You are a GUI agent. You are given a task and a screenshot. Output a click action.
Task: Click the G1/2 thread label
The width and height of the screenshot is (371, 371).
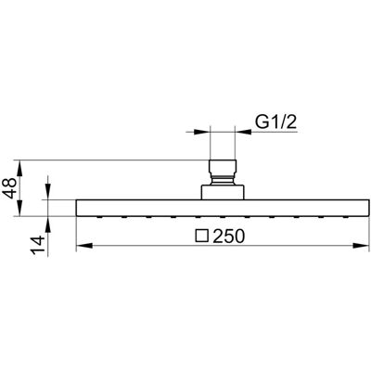275,122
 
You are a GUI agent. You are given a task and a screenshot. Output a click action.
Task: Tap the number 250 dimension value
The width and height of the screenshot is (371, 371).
229,237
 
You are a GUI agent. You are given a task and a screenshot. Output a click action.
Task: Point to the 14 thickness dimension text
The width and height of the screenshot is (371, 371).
39,245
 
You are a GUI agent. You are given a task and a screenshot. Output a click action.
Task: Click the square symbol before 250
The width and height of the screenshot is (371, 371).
202,236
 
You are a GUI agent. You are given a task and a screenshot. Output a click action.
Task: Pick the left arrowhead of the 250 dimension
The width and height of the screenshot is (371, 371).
84,246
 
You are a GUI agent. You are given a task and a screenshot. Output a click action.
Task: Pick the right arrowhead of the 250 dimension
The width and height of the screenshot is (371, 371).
362,246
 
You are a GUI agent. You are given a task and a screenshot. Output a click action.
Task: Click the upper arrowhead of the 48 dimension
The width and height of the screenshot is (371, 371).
19,168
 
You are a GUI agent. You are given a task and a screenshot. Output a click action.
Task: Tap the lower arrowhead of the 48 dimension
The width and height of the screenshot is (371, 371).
19,208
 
